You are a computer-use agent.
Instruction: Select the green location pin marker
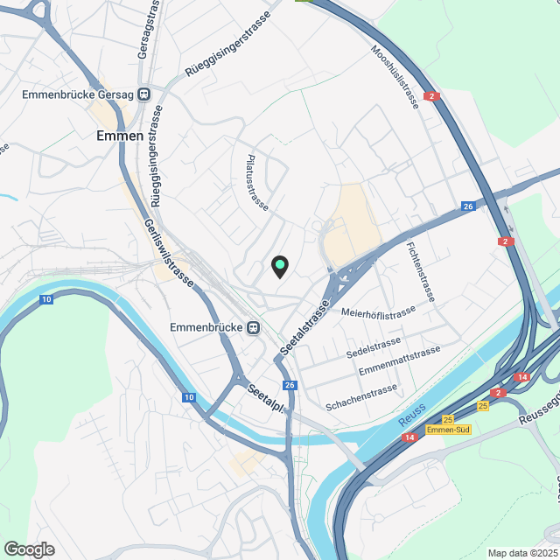pyautogui.click(x=279, y=264)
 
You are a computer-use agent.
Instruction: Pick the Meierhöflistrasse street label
pyautogui.click(x=378, y=313)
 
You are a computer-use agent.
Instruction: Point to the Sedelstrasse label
pyautogui.click(x=373, y=347)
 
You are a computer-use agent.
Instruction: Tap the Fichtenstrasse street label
pyautogui.click(x=420, y=271)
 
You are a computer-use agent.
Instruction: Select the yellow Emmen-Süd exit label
pyautogui.click(x=450, y=430)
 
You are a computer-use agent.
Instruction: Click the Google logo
pyautogui.click(x=29, y=549)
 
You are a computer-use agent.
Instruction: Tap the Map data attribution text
pyautogui.click(x=521, y=553)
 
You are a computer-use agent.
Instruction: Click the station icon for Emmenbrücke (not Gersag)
pyautogui.click(x=253, y=328)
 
